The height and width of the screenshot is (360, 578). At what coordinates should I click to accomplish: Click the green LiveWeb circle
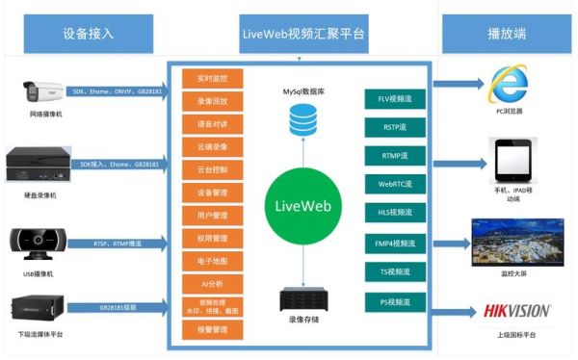point(302,207)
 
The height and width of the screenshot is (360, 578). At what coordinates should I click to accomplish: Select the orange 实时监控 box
point(212,76)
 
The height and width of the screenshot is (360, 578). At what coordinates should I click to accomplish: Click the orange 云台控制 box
point(212,168)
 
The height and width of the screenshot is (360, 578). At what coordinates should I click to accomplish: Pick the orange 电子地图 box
point(212,260)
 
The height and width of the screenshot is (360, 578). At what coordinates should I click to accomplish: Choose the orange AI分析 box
point(212,283)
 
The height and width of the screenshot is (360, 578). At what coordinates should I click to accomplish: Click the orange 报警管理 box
point(212,330)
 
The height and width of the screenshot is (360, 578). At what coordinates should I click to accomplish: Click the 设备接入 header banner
point(88,34)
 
